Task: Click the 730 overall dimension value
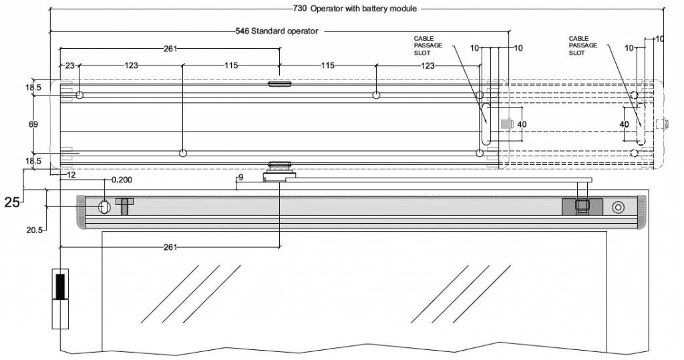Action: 300,9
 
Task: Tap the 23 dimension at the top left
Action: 69,65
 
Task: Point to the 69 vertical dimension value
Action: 34,124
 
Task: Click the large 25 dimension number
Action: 12,202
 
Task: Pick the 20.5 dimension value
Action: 35,230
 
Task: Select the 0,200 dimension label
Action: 122,180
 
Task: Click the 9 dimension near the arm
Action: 240,178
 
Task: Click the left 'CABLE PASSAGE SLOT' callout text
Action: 428,45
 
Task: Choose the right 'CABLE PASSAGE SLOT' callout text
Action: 583,45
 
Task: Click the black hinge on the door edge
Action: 60,286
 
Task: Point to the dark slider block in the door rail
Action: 582,206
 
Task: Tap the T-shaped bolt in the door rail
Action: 124,205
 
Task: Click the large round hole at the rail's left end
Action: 105,206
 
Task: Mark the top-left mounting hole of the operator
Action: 79,96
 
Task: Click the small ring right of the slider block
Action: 619,207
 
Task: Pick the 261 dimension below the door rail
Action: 170,247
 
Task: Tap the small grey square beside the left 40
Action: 506,124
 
